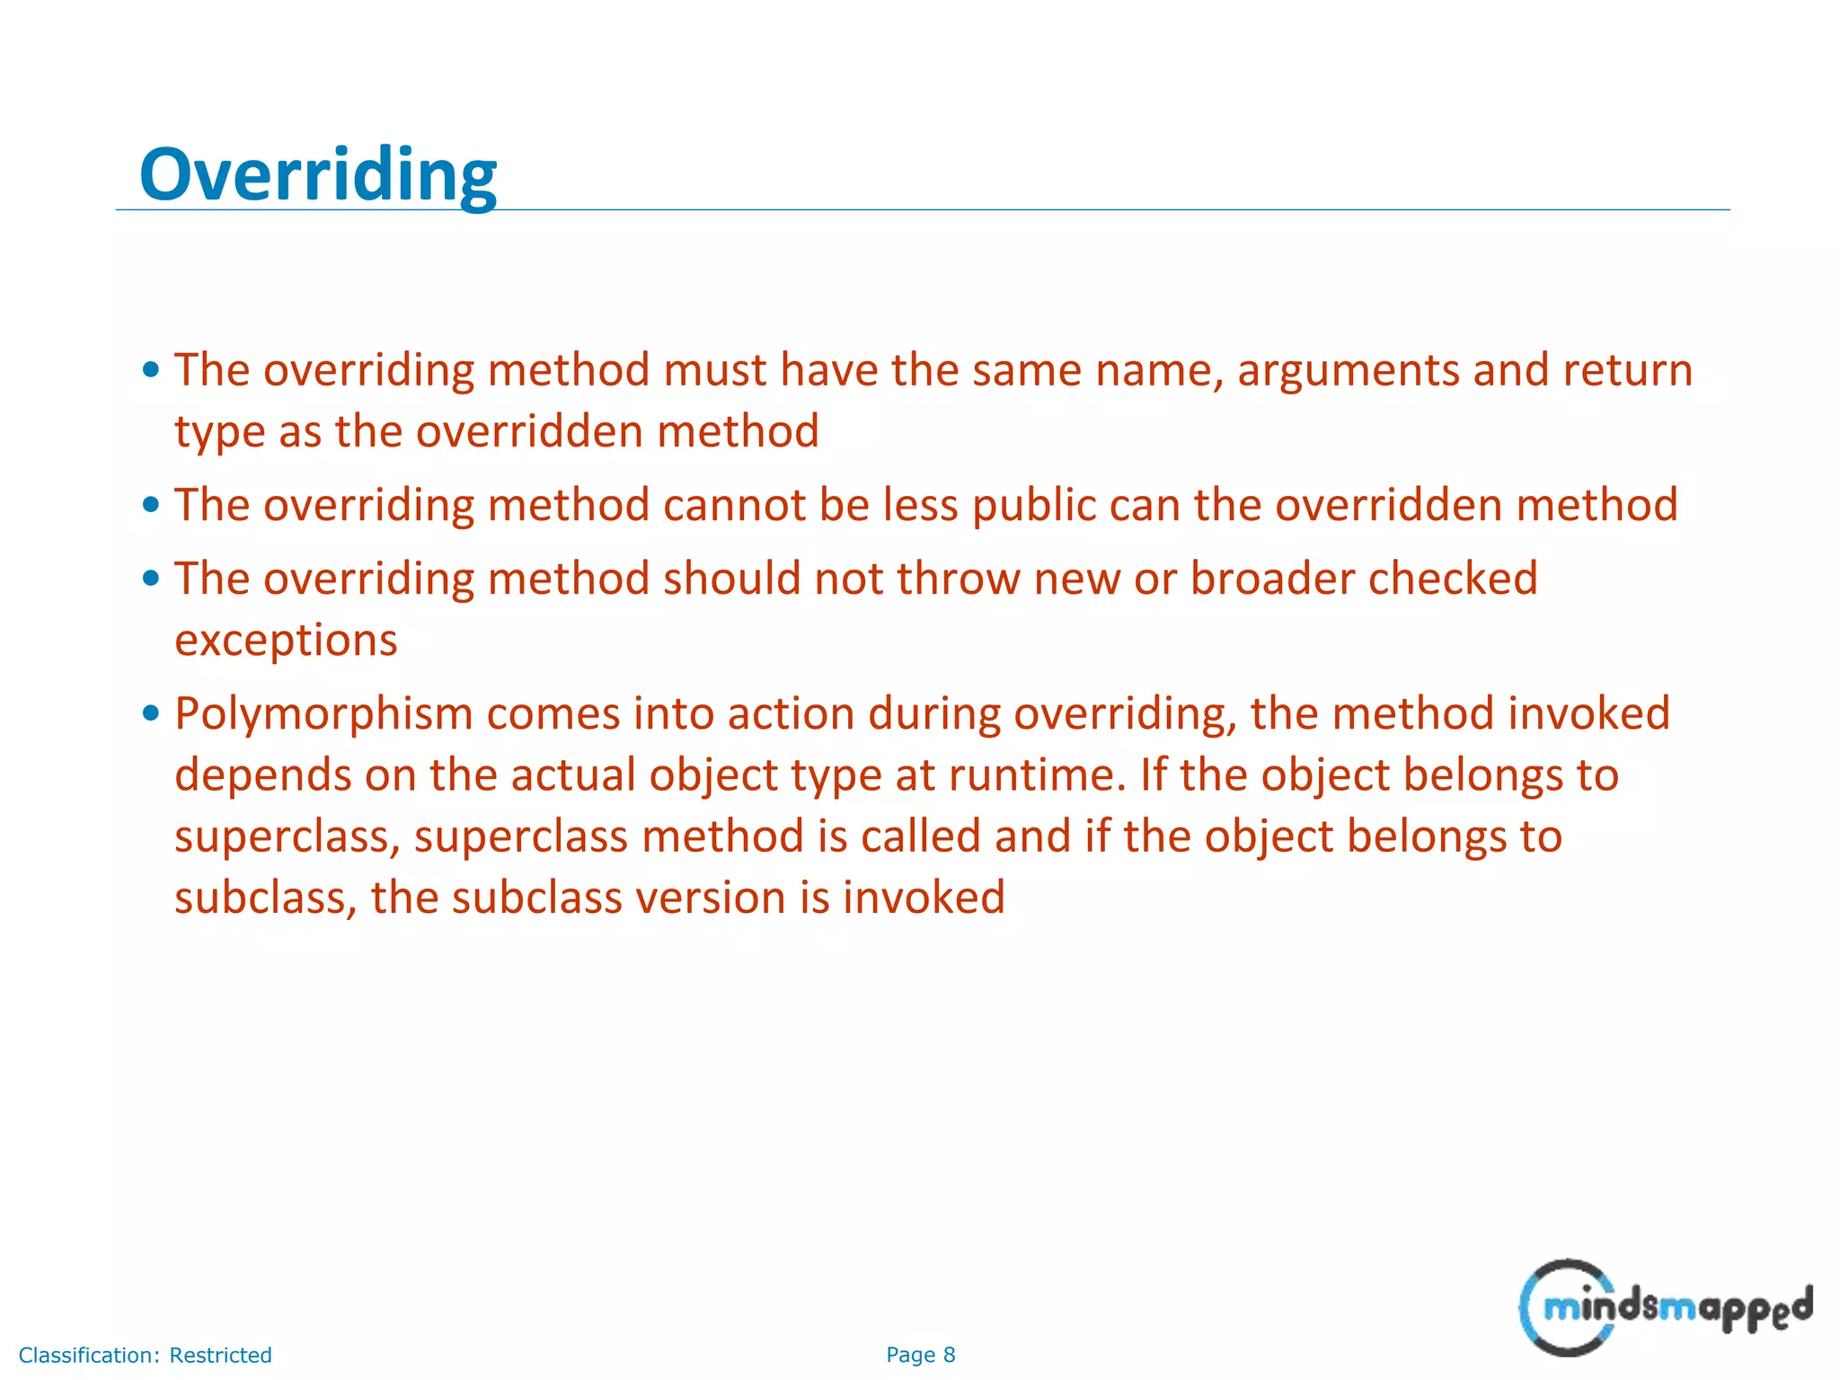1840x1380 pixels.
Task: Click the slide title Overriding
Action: (x=317, y=175)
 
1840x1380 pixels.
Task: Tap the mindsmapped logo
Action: (x=1665, y=1307)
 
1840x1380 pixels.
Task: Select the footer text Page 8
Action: (x=920, y=1355)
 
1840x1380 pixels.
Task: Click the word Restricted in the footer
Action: (x=220, y=1355)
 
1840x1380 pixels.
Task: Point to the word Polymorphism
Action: (x=323, y=715)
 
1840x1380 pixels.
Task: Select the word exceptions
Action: (x=286, y=641)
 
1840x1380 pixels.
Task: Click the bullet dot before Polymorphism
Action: (x=151, y=714)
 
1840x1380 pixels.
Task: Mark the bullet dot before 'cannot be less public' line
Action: (x=151, y=505)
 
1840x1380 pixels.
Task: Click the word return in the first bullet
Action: (x=1627, y=372)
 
